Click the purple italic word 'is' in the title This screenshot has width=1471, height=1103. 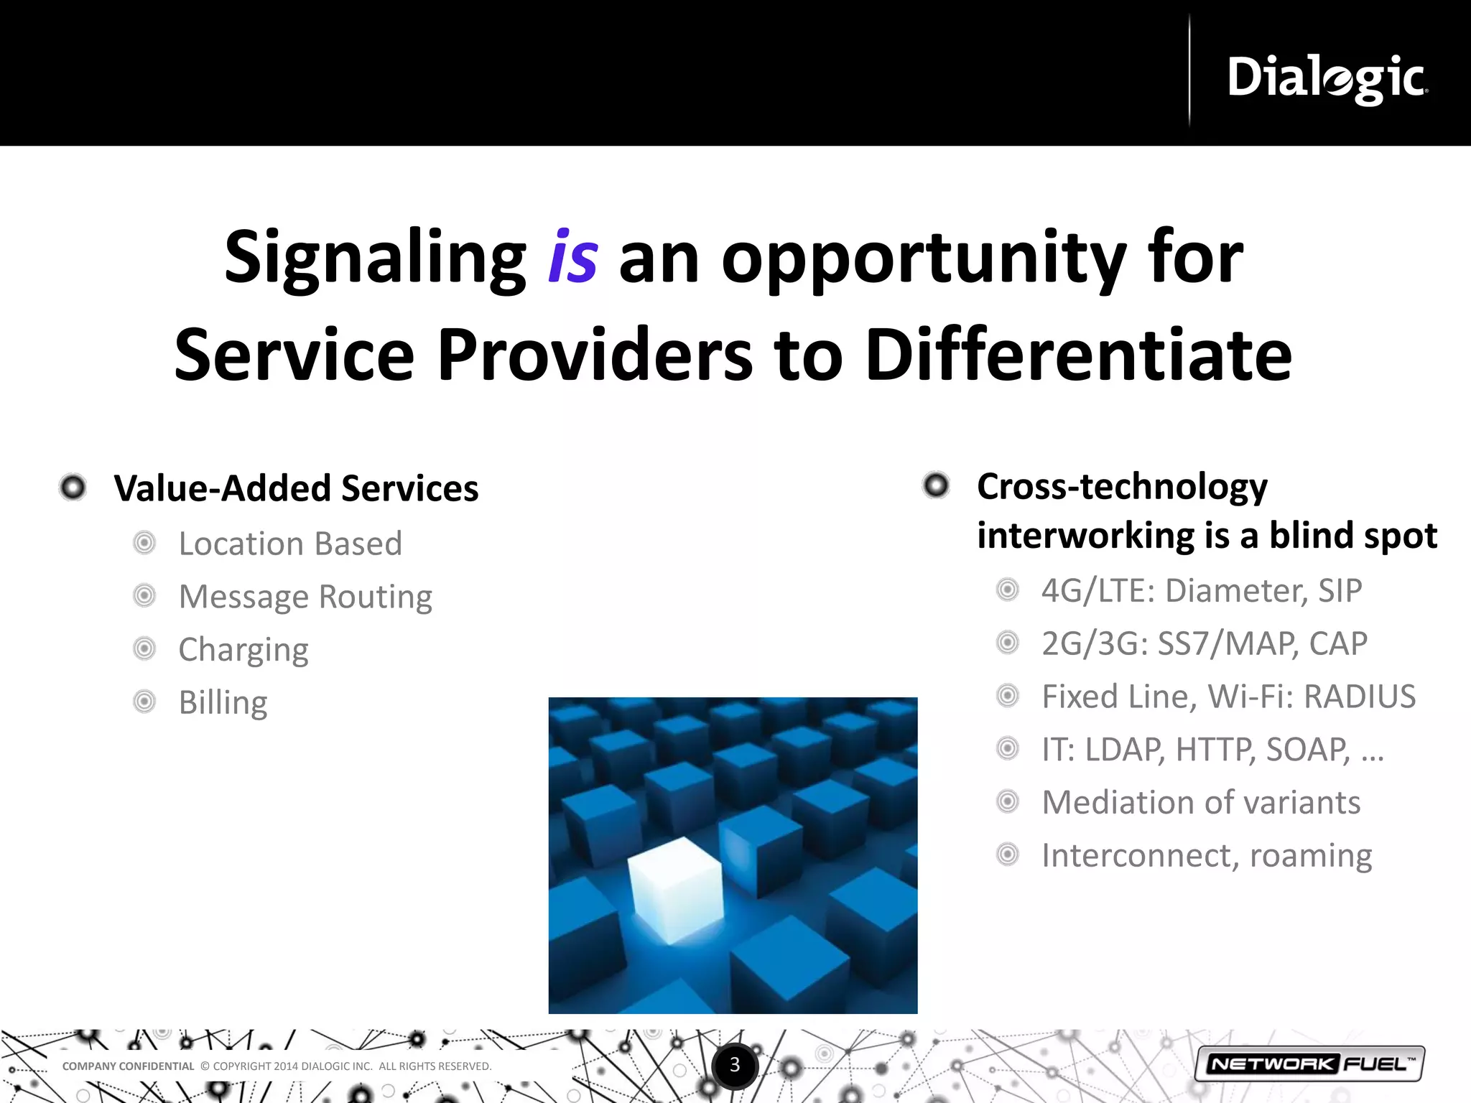click(x=572, y=258)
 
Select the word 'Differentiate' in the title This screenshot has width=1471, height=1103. click(x=1078, y=355)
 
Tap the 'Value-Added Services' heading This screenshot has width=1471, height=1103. click(x=296, y=488)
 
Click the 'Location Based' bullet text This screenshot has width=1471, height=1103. click(x=290, y=544)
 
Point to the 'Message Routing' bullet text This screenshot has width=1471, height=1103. click(x=305, y=597)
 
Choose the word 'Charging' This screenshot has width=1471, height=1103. click(x=243, y=650)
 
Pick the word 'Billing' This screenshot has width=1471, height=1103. click(x=223, y=702)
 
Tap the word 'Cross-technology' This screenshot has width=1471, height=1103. click(x=1122, y=487)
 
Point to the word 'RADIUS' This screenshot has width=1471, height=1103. click(x=1360, y=697)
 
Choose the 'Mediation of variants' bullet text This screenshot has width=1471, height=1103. click(x=1201, y=802)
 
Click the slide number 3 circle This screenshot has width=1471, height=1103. click(x=734, y=1065)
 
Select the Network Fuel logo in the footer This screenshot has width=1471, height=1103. click(x=1309, y=1064)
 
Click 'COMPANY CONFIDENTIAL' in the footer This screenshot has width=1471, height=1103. click(x=128, y=1066)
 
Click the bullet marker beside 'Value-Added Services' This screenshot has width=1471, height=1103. click(x=73, y=488)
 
